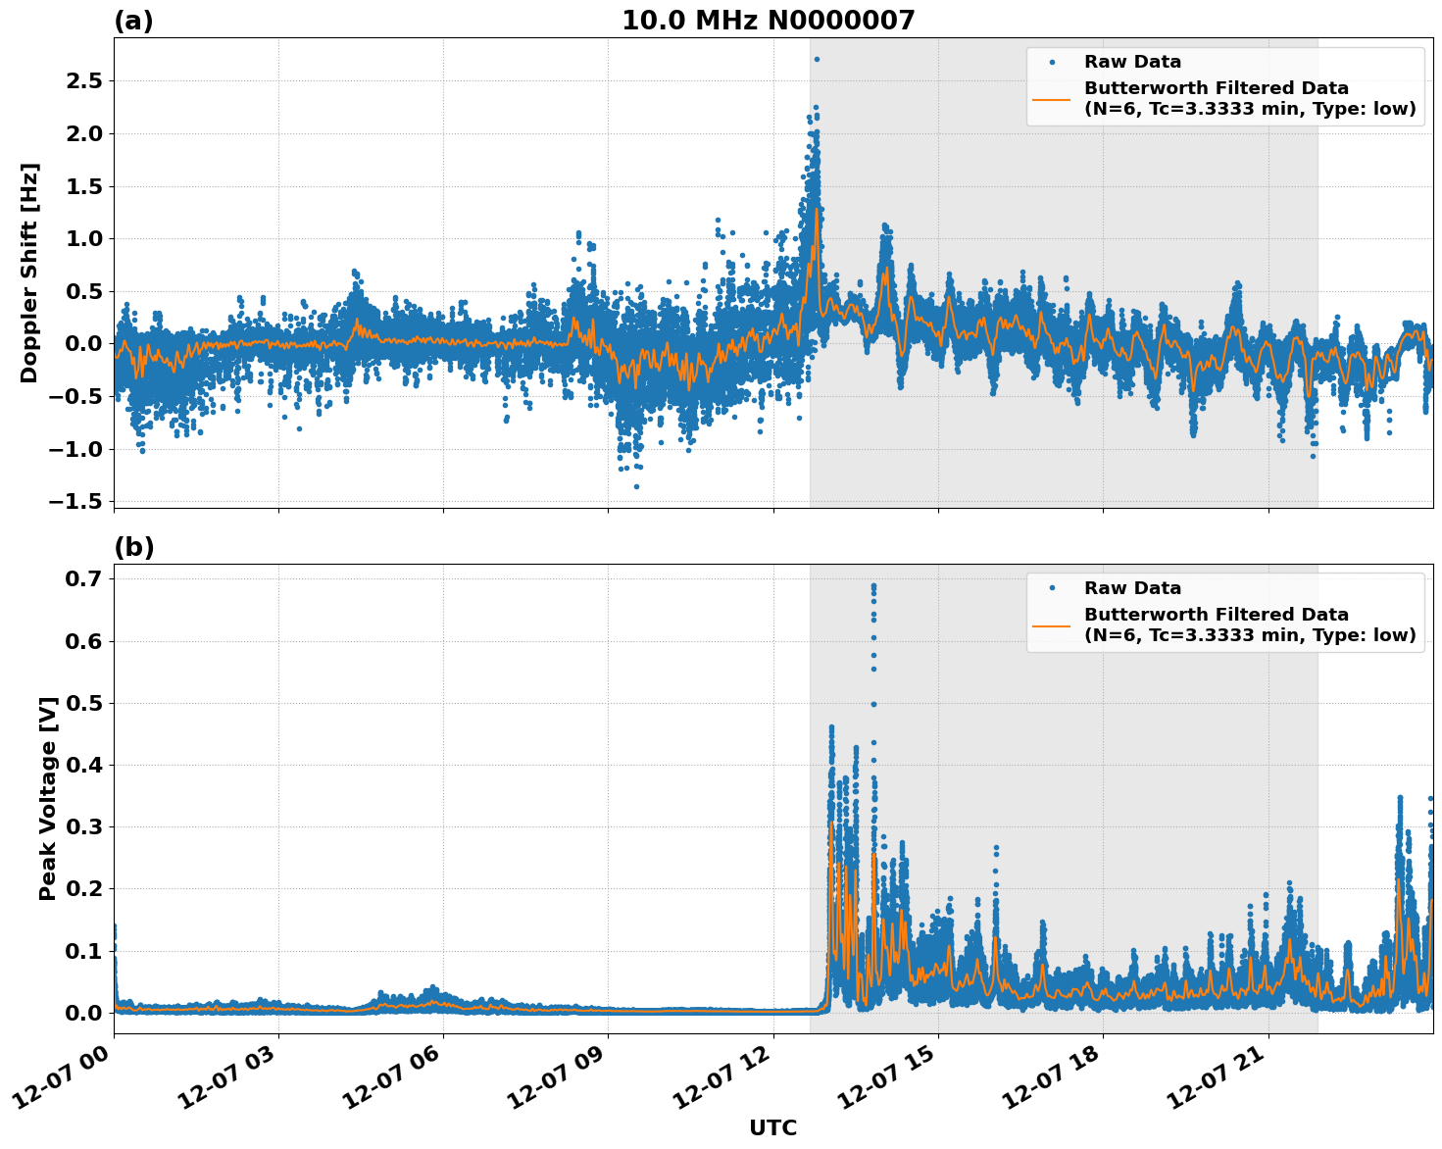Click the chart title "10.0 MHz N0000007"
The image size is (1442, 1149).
768,21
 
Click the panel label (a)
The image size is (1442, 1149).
133,21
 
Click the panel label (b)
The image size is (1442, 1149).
133,547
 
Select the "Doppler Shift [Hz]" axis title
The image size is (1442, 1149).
29,273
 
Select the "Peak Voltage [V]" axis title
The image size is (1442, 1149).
48,798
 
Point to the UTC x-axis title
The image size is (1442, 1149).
772,1127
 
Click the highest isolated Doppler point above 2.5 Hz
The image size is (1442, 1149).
817,59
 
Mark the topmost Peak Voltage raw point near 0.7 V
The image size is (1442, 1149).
873,585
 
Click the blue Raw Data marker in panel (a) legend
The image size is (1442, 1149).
1052,62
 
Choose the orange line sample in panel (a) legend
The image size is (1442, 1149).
1052,99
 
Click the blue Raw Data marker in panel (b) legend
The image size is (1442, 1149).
1052,588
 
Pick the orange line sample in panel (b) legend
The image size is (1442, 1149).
1052,624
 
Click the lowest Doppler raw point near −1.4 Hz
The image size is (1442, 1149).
636,486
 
